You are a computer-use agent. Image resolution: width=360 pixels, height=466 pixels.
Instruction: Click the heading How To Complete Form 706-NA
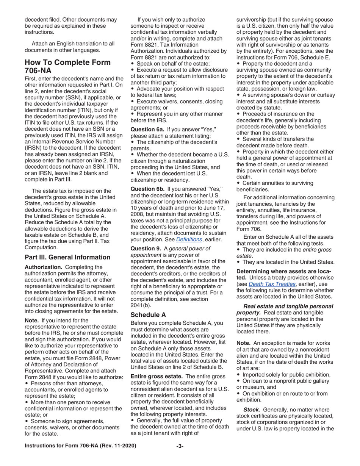click(x=67, y=67)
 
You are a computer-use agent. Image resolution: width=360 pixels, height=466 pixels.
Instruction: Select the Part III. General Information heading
click(x=67, y=257)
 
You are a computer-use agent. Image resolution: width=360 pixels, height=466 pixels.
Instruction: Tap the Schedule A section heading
click(x=148, y=314)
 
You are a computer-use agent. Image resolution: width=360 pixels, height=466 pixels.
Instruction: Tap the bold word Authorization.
click(x=43, y=267)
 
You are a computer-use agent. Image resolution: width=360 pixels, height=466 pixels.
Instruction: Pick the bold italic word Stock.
click(x=252, y=410)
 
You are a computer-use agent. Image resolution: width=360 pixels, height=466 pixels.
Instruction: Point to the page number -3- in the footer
click(x=180, y=446)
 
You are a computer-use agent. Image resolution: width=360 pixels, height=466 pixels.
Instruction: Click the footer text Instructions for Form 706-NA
click(x=80, y=446)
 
